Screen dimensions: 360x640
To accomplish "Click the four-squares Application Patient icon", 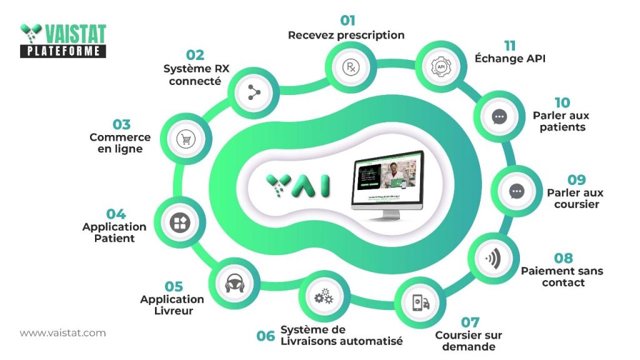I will point(180,222).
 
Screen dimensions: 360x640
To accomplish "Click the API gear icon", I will point(441,66).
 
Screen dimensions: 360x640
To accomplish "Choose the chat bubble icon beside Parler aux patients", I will point(499,116).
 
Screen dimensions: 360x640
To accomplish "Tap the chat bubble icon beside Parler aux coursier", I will point(516,192).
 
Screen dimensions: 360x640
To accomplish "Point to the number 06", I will point(266,336).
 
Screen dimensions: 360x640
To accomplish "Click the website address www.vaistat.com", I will point(62,333).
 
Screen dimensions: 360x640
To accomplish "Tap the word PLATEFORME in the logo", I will point(62,51).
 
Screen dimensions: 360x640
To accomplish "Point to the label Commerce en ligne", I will point(120,143).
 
